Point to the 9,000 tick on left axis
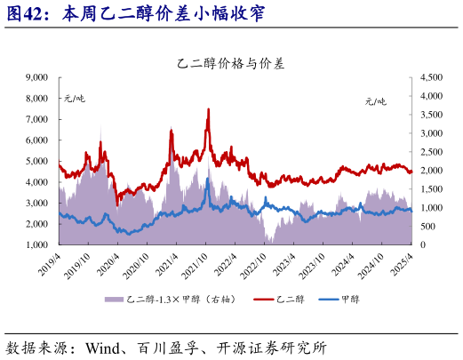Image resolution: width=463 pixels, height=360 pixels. [x=35, y=78]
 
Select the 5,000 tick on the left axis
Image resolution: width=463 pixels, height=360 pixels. [x=35, y=161]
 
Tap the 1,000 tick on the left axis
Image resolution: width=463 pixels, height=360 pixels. [x=35, y=244]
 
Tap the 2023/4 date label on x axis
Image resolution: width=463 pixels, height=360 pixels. [x=285, y=263]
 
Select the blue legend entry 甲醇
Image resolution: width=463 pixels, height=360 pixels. [x=364, y=299]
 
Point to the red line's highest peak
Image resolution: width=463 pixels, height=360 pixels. [x=208, y=109]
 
